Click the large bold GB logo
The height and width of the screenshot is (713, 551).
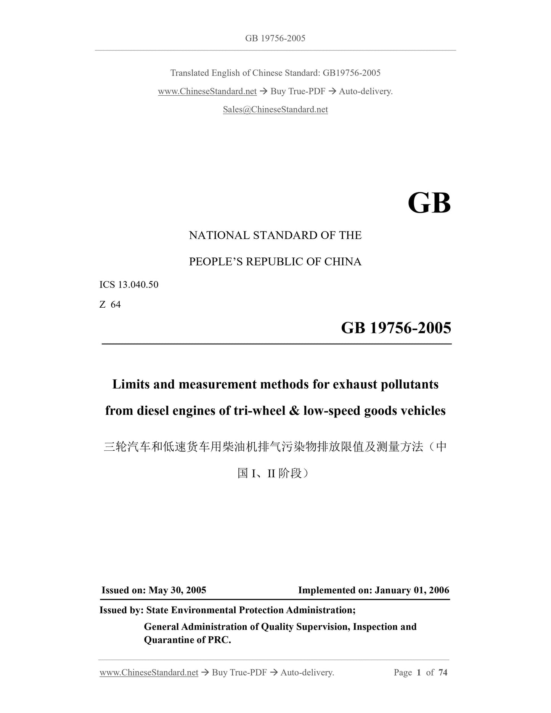pos(429,203)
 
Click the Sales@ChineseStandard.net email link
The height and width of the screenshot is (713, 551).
pos(275,110)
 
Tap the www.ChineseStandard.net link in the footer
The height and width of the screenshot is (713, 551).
pos(149,672)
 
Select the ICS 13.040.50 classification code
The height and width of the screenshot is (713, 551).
pos(129,285)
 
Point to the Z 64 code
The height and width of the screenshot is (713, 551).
pos(110,305)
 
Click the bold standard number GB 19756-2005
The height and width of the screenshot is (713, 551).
pos(396,328)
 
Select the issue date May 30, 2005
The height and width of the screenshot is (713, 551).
pos(177,590)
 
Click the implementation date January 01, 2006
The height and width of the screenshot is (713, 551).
pos(412,590)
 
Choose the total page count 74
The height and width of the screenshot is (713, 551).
pos(443,672)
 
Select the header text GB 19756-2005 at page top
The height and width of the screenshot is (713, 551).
pos(275,38)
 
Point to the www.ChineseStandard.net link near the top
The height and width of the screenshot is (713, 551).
pos(207,92)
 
